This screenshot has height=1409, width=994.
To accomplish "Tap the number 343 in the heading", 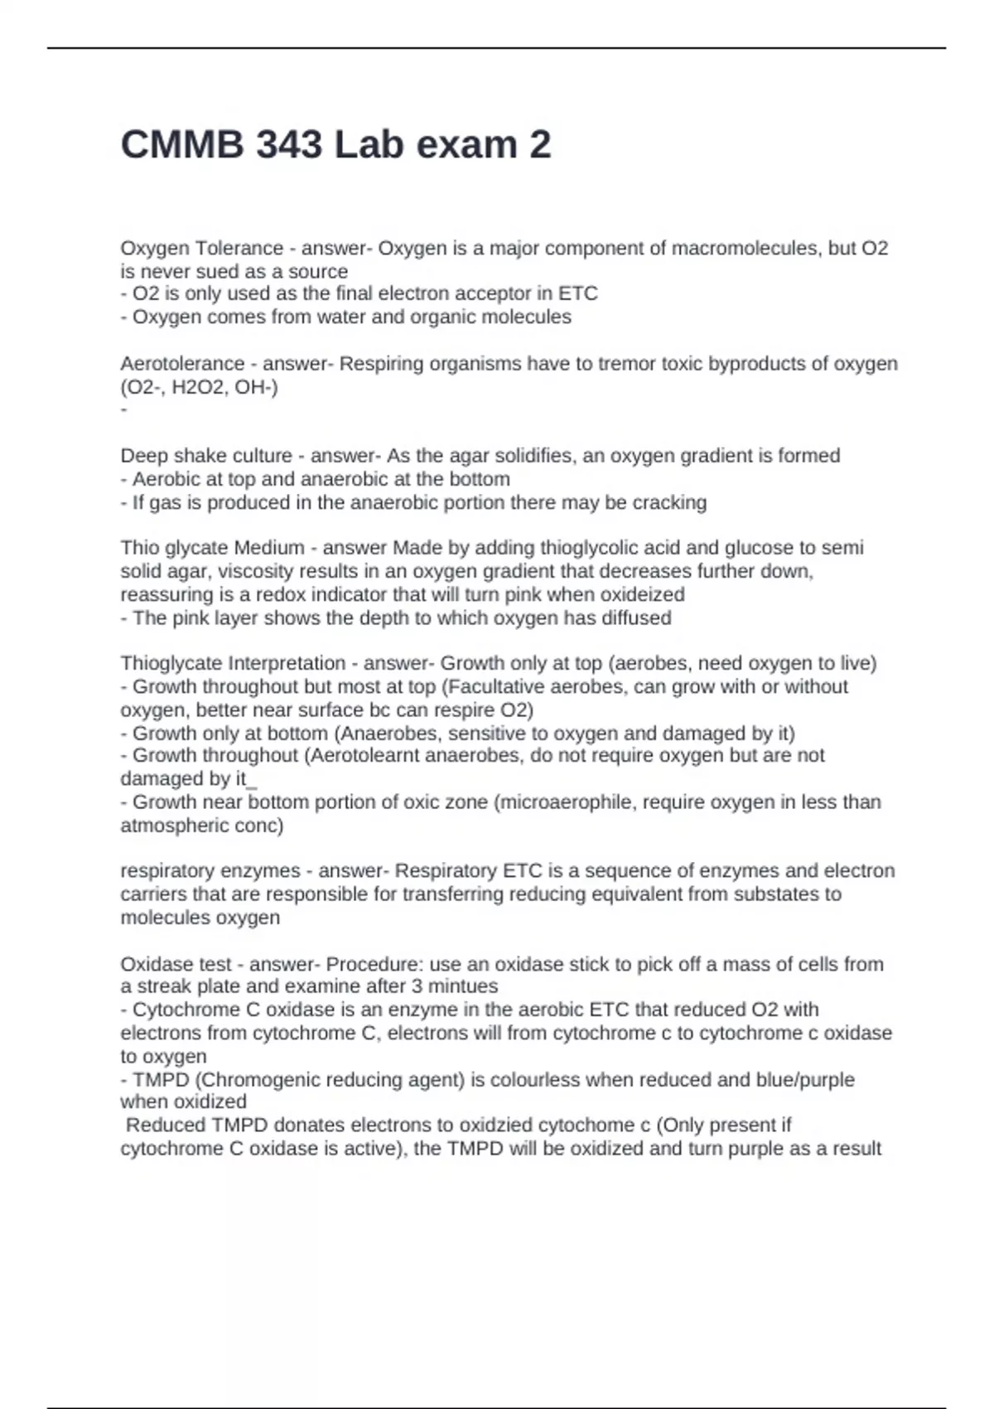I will (289, 145).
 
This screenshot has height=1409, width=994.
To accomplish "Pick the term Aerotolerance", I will (182, 364).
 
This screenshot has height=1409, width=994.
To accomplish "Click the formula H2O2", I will (199, 387).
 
